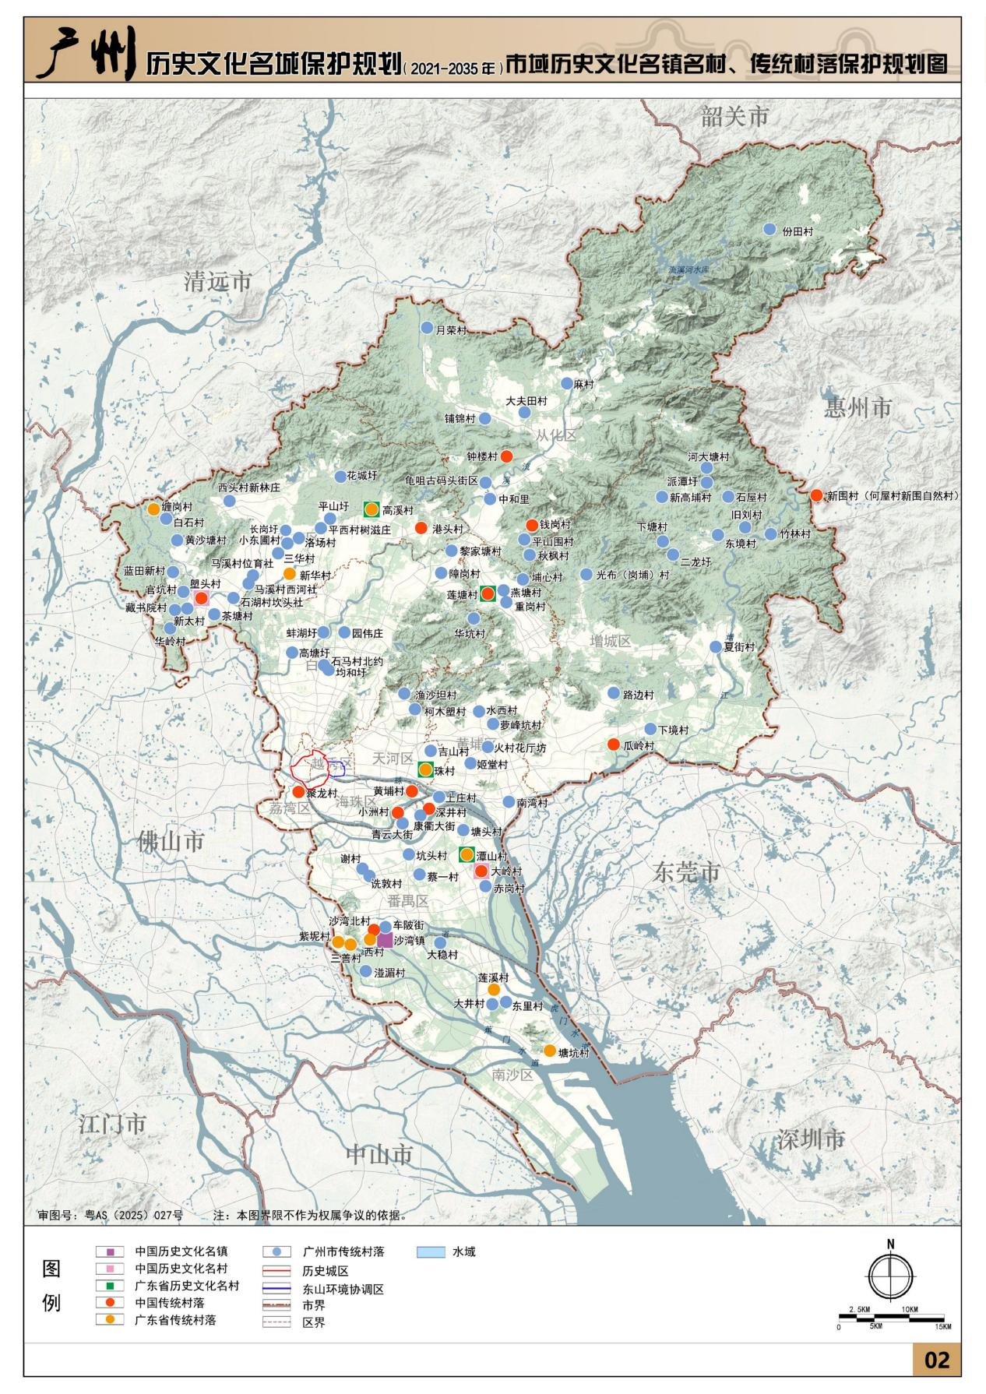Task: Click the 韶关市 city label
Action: (734, 117)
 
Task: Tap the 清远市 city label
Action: (218, 281)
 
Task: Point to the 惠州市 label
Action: (857, 407)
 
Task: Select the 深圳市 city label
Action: (811, 1139)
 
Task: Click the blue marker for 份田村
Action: (769, 230)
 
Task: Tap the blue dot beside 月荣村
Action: (427, 328)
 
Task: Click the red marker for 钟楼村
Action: (506, 456)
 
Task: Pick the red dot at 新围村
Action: (816, 495)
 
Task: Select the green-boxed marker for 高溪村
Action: (372, 509)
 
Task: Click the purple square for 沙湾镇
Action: (385, 941)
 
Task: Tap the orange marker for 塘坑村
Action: (550, 1051)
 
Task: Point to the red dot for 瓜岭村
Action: (614, 744)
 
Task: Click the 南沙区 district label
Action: (512, 1075)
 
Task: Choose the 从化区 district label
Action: (556, 435)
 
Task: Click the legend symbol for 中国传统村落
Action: (110, 1302)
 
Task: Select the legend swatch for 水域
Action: (431, 1252)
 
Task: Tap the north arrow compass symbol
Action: (890, 1278)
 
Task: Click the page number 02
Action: (936, 1360)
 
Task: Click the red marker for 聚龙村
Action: (298, 791)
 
